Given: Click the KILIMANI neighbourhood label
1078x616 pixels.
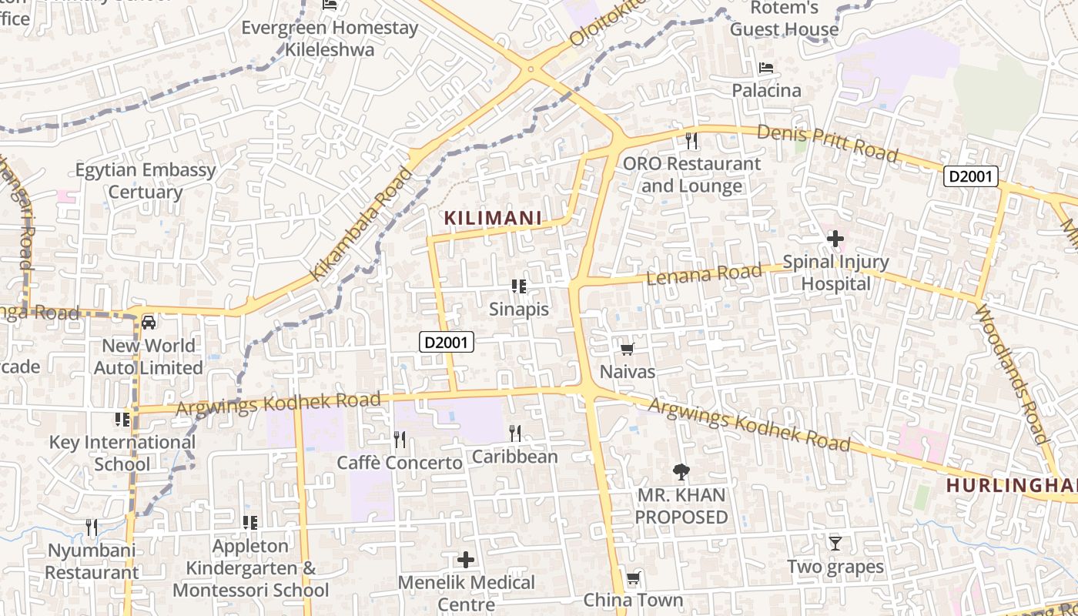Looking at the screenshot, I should click(493, 219).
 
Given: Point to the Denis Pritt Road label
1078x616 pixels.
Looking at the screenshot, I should click(827, 143).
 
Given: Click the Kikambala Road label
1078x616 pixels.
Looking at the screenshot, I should click(361, 223).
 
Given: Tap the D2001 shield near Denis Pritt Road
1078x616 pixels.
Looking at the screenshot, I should click(972, 177).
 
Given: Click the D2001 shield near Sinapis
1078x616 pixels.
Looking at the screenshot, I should click(446, 342).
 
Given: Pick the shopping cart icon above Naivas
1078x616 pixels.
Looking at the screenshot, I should click(628, 350).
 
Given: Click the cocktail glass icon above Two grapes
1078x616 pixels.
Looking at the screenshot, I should click(835, 544).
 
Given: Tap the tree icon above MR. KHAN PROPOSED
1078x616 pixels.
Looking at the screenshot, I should click(681, 471).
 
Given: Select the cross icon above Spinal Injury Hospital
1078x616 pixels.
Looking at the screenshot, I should click(835, 239).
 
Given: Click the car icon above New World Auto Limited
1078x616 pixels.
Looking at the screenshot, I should click(149, 322).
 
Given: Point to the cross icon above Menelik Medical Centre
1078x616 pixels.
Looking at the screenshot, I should click(466, 559).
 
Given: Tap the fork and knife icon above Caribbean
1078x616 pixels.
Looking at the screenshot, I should click(515, 434).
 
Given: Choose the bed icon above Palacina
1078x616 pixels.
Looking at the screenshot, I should click(766, 68).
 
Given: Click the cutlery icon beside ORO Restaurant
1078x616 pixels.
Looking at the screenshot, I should click(691, 140).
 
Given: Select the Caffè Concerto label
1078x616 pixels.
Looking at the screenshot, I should click(400, 463).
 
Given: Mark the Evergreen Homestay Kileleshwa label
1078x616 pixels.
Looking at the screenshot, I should click(330, 39).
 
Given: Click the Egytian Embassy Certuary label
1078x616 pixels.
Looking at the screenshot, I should click(146, 181).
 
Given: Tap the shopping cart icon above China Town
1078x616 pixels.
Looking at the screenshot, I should click(633, 577).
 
